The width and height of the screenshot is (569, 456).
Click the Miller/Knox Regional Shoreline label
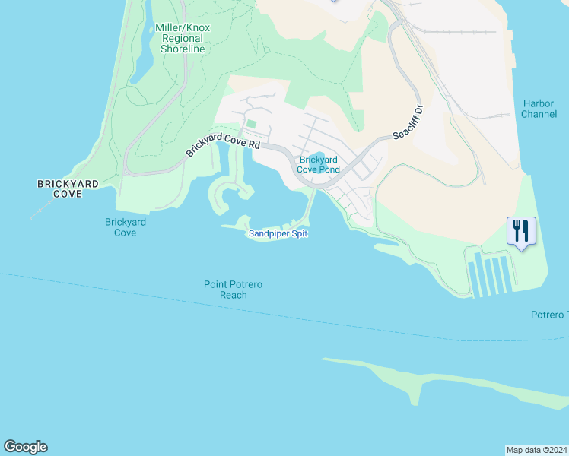coord(182,38)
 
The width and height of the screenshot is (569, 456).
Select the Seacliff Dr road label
coord(408,122)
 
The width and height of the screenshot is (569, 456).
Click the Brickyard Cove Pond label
coord(319,164)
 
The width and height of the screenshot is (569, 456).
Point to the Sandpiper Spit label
coord(278,234)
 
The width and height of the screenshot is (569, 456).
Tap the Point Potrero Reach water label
coord(234,290)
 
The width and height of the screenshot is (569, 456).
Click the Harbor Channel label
coord(539,109)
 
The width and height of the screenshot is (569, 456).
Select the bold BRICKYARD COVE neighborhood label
coord(60,189)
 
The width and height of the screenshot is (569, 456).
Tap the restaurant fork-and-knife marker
coord(521,230)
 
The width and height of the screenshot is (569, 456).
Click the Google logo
coord(25,447)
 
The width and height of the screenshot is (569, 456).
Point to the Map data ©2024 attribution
coord(536,449)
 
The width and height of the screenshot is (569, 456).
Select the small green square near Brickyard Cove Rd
coord(251,124)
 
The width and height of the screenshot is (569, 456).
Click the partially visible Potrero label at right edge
coord(548,315)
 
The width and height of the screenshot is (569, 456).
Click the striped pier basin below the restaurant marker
coord(491,276)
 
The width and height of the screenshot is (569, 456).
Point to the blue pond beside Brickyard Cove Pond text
coord(319,157)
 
